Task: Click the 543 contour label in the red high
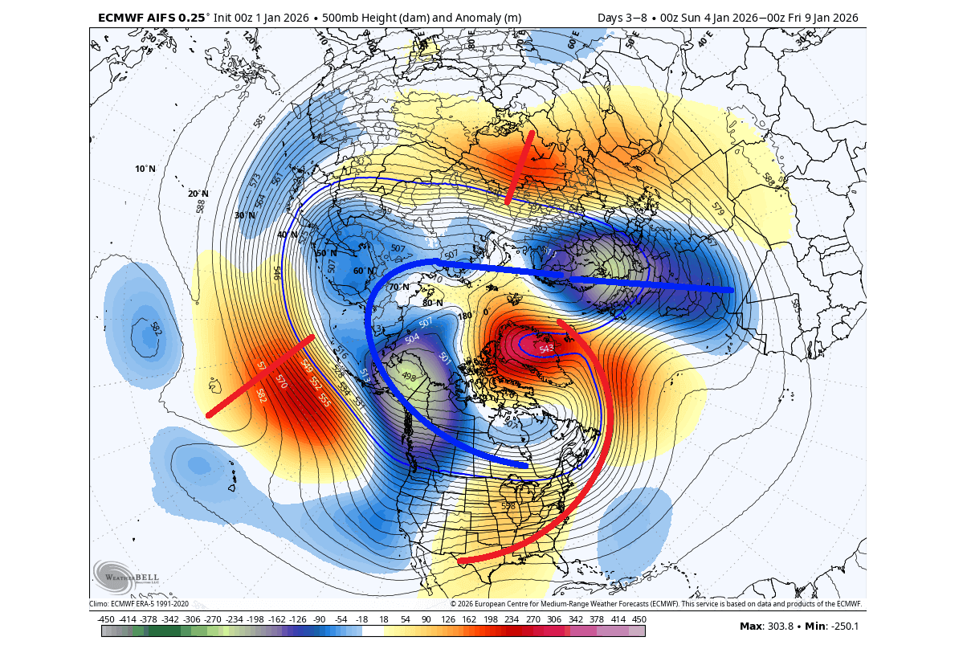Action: pyautogui.click(x=547, y=349)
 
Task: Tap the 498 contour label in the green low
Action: pyautogui.click(x=409, y=377)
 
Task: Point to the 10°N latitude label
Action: pyautogui.click(x=145, y=169)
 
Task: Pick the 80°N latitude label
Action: pyautogui.click(x=432, y=303)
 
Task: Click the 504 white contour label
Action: pyautogui.click(x=412, y=338)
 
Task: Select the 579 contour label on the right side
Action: pyautogui.click(x=717, y=207)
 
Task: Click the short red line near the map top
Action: pyautogui.click(x=520, y=167)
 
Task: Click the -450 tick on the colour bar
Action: pyautogui.click(x=105, y=619)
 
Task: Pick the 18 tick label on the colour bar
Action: pyautogui.click(x=383, y=619)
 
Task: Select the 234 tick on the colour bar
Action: pyautogui.click(x=511, y=619)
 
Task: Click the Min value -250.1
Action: pyautogui.click(x=843, y=627)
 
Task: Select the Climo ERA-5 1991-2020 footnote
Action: pyautogui.click(x=139, y=604)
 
